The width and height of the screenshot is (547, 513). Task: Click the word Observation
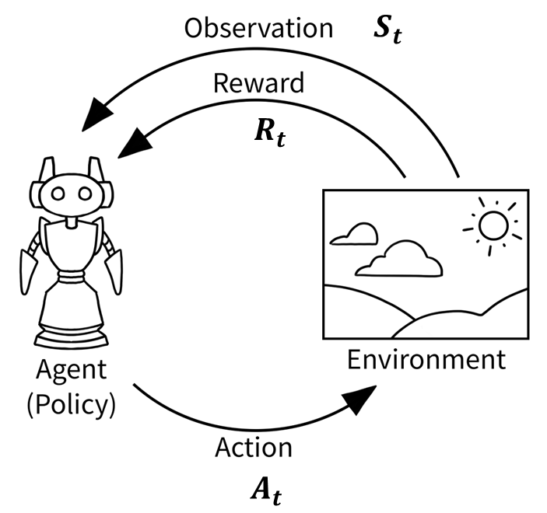coord(258,29)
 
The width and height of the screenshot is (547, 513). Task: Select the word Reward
coord(258,83)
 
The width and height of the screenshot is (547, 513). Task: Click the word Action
coord(254,448)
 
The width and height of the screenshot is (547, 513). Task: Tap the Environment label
coord(426,361)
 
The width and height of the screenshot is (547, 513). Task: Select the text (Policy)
coord(70,405)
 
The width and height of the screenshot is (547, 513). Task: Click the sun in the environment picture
coord(493,225)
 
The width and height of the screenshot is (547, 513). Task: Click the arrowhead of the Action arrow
coord(360,401)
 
